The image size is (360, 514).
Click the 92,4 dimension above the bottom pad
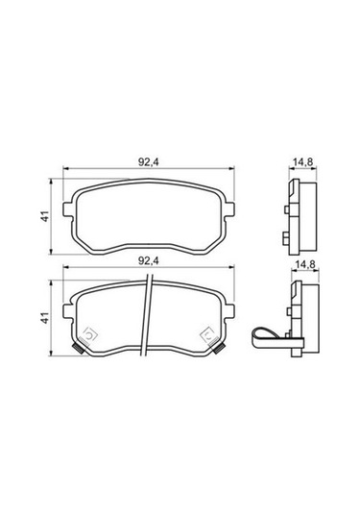(146, 259)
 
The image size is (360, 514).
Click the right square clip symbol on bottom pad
(207, 334)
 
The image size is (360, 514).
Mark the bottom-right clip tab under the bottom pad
(219, 352)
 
